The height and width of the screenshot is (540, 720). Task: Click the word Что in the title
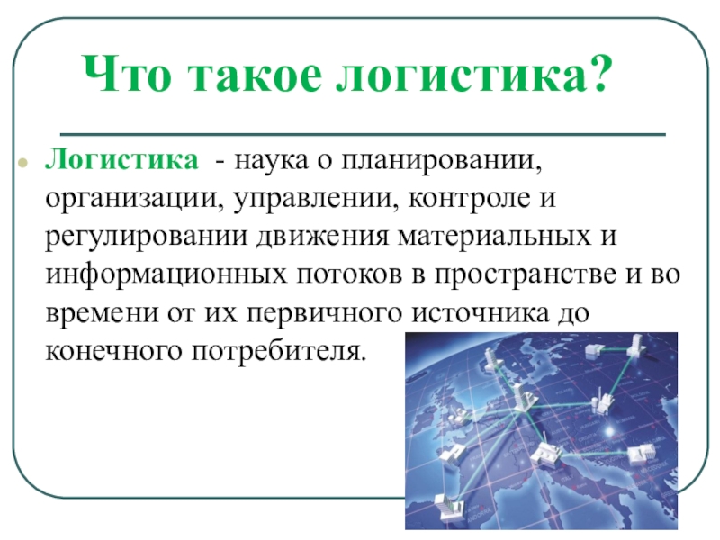pos(128,74)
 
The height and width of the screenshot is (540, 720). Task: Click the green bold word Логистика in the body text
pos(122,160)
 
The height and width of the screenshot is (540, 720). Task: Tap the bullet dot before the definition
pos(22,163)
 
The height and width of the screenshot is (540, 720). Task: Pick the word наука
pos(273,162)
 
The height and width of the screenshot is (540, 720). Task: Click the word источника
pos(480,313)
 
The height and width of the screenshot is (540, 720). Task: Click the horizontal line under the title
pos(363,134)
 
